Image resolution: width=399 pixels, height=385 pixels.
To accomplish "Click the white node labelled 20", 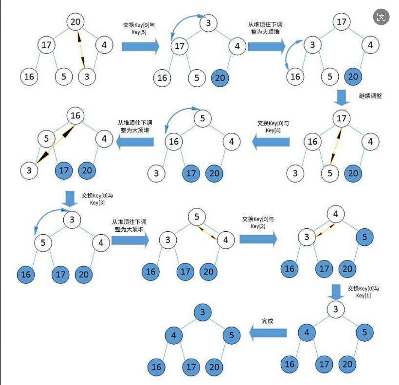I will click(75, 22).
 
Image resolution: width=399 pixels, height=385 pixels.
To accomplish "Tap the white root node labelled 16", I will click(75, 115).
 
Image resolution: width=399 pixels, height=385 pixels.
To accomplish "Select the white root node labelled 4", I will click(336, 214).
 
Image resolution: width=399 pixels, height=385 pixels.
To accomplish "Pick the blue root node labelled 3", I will click(202, 312).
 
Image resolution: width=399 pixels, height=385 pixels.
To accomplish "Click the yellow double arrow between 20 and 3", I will click(81, 49).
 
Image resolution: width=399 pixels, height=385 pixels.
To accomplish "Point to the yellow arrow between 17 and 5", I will click(336, 146).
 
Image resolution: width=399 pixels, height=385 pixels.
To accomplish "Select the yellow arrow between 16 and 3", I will click(55, 144).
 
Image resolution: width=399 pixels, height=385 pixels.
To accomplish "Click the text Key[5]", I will click(139, 32).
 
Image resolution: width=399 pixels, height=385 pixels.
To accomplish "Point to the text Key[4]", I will click(273, 130).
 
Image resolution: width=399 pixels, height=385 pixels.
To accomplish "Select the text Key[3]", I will click(97, 203).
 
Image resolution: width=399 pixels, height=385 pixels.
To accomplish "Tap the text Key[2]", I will click(258, 226).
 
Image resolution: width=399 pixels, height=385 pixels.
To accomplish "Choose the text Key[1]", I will click(363, 296).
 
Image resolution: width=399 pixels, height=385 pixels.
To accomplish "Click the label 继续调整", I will click(370, 96).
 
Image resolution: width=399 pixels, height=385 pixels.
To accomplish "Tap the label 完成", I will click(267, 321).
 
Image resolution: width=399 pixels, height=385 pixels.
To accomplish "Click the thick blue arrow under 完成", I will click(268, 333).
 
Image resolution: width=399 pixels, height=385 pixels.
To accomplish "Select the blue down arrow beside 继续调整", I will click(342, 97).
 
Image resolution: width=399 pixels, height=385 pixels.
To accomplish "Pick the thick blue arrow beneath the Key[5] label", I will click(140, 46).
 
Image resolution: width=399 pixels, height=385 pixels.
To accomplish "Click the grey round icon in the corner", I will click(381, 17).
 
